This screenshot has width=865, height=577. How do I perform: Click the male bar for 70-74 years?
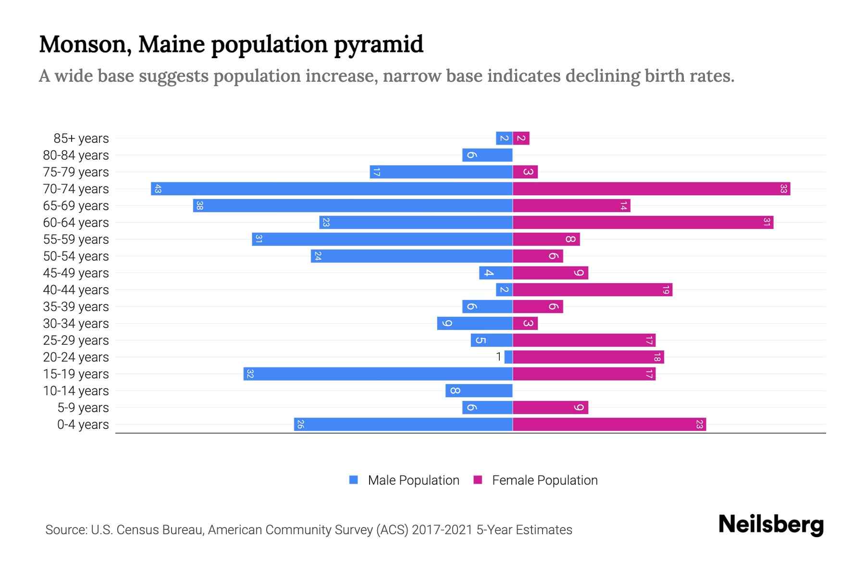(332, 189)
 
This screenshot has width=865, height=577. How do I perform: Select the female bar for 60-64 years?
(643, 223)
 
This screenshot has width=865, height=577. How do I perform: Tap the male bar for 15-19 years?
(378, 374)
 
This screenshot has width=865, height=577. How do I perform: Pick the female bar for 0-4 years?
(609, 425)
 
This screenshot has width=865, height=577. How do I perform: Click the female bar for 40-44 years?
(593, 290)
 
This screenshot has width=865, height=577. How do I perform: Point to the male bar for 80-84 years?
(487, 155)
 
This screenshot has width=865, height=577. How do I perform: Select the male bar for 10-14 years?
(479, 391)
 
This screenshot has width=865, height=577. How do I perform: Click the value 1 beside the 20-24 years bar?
(499, 357)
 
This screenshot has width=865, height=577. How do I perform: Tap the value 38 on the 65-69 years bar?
(200, 206)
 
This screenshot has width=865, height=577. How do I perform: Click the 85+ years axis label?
(81, 138)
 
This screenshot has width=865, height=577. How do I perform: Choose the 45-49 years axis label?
(76, 273)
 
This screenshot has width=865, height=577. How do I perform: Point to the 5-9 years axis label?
(83, 408)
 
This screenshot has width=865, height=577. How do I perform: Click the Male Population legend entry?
(413, 480)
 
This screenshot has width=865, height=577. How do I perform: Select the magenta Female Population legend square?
(478, 480)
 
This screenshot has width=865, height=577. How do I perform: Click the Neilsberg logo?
(771, 525)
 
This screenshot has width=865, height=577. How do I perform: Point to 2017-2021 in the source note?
(442, 530)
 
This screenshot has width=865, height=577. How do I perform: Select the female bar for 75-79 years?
(525, 172)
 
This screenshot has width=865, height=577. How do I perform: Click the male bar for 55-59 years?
(382, 239)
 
